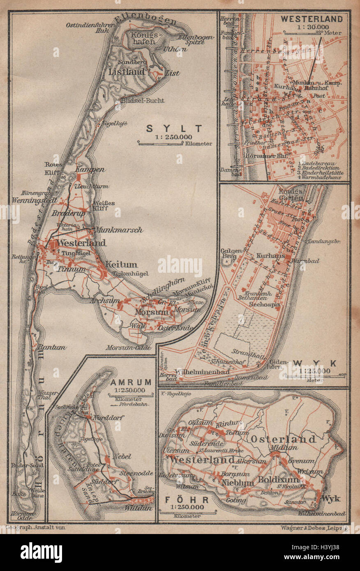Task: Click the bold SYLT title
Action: (x=175, y=128)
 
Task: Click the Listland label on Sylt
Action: (x=127, y=71)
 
